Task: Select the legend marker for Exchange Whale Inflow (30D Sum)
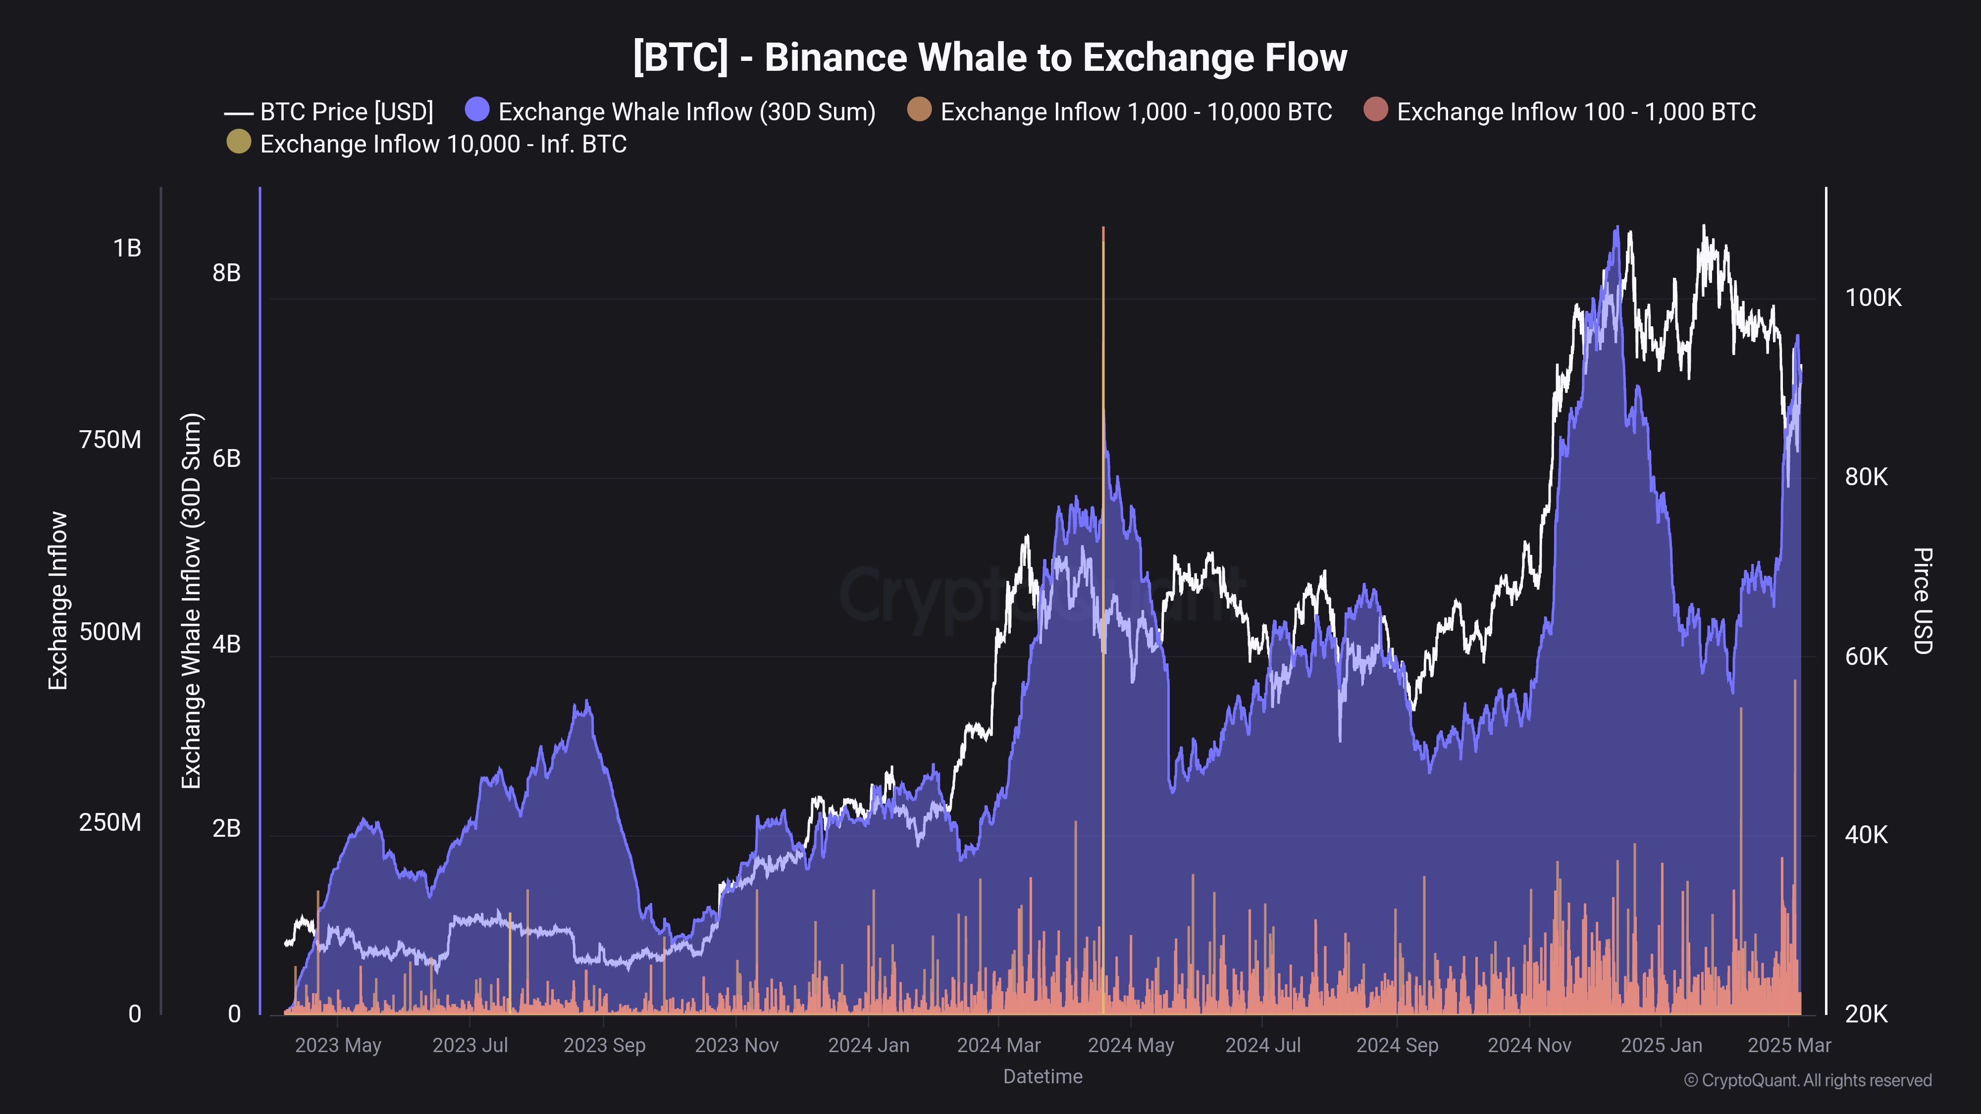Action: pos(477,110)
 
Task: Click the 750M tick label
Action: pos(110,440)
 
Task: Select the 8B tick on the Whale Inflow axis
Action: pos(226,273)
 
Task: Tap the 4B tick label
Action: pos(226,644)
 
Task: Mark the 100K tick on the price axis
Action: pos(1873,298)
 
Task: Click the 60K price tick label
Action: pos(1866,657)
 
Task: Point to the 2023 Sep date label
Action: pos(604,1046)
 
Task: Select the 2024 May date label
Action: pos(1131,1046)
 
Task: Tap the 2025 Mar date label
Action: pos(1789,1046)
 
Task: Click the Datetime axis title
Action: pos(1042,1076)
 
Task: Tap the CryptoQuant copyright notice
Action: pos(1807,1080)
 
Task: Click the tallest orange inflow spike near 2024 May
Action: pos(1103,538)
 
